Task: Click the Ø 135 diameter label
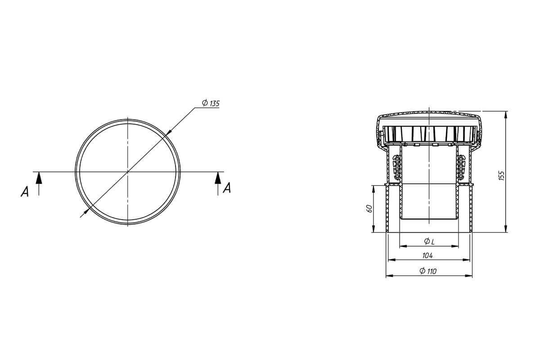[x=211, y=103]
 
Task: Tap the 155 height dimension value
[x=501, y=175]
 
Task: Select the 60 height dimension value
[x=369, y=208]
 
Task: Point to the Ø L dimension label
[x=429, y=241]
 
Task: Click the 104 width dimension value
[x=427, y=256]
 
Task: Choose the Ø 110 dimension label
[x=428, y=271]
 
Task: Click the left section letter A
[x=25, y=192]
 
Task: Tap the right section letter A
[x=227, y=188]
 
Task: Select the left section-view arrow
[x=39, y=184]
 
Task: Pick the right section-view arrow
[x=218, y=184]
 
